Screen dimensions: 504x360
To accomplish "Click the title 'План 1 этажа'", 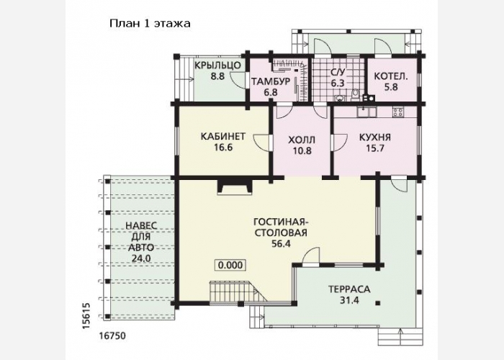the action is click(150, 24).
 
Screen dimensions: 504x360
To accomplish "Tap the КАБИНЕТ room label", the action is click(223, 136).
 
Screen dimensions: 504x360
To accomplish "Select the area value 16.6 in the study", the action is click(223, 148).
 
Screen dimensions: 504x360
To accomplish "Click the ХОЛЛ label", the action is click(302, 140).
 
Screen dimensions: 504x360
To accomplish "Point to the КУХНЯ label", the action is click(375, 138).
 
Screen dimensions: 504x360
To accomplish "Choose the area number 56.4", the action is click(281, 243).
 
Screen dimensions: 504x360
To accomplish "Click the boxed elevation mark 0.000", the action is click(230, 265).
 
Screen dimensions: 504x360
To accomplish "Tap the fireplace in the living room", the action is click(235, 186).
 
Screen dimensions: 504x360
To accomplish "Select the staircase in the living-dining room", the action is click(238, 291).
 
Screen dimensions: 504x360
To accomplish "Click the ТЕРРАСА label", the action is click(349, 289).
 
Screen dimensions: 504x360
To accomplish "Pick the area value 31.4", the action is click(349, 300).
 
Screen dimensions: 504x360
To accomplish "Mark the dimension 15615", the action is click(86, 316).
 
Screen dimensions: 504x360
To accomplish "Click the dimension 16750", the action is click(112, 336).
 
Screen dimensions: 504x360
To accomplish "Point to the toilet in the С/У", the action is click(355, 95).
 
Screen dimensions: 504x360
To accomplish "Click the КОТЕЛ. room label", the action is click(391, 76).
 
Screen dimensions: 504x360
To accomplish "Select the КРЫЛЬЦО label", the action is click(217, 66).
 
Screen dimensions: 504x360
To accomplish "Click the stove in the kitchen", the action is click(398, 112).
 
